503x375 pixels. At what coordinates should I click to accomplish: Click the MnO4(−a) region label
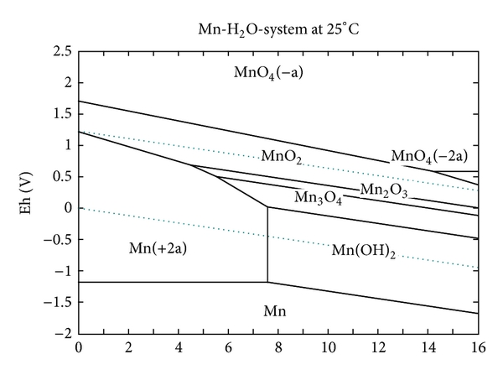click(x=267, y=72)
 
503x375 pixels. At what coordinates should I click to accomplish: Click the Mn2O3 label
click(x=385, y=190)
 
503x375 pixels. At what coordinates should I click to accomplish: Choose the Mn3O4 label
click(x=319, y=198)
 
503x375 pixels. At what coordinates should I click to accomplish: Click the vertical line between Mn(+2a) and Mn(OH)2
click(x=267, y=243)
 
